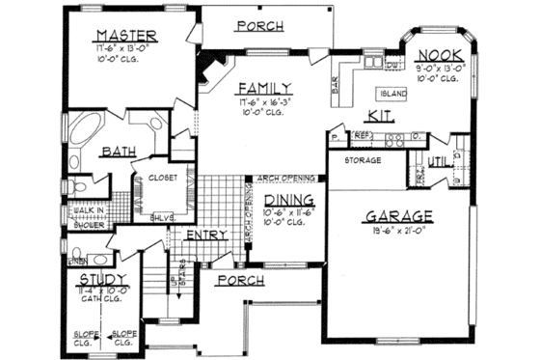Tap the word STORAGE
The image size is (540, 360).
(x=364, y=159)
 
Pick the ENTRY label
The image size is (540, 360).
(x=206, y=234)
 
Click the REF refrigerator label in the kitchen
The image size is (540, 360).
(x=362, y=136)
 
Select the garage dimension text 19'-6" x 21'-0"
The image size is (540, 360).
(x=399, y=232)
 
